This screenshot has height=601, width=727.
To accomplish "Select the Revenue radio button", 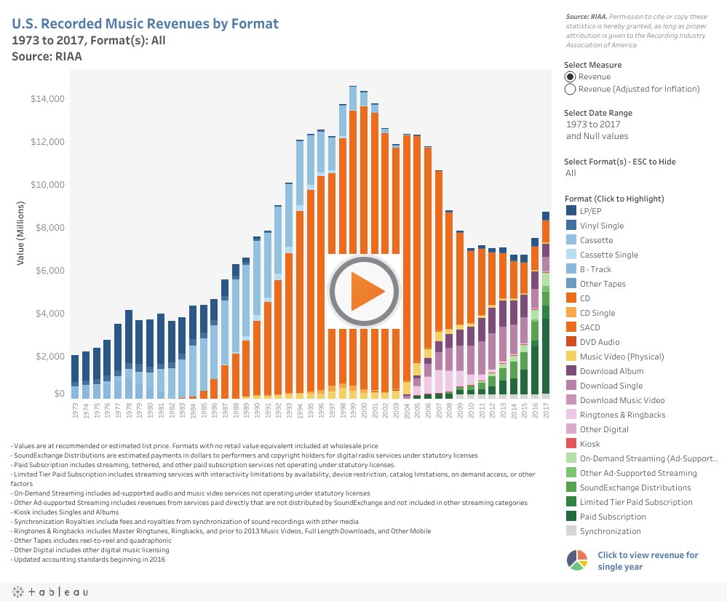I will (x=571, y=76).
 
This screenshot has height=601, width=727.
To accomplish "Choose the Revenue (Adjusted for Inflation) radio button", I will (x=571, y=89).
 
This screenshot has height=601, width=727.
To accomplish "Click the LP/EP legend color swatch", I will (x=571, y=211).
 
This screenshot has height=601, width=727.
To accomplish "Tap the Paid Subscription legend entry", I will (x=612, y=517).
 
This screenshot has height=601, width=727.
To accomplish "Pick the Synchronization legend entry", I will (x=610, y=531).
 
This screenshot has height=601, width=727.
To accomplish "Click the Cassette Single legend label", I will (x=608, y=255).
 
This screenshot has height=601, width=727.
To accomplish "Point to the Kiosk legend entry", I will (x=589, y=444).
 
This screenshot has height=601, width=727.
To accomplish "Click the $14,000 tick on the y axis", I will (x=47, y=99).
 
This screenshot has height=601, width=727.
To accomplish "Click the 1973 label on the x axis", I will (x=75, y=410).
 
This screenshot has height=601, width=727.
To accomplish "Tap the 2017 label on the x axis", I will (x=546, y=410).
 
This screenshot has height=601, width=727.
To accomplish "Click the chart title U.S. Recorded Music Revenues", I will (x=145, y=24).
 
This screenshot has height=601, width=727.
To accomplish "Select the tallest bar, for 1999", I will (x=353, y=240).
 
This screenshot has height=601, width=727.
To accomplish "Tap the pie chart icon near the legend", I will (x=576, y=560).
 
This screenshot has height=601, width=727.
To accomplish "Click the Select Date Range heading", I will (x=597, y=113).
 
